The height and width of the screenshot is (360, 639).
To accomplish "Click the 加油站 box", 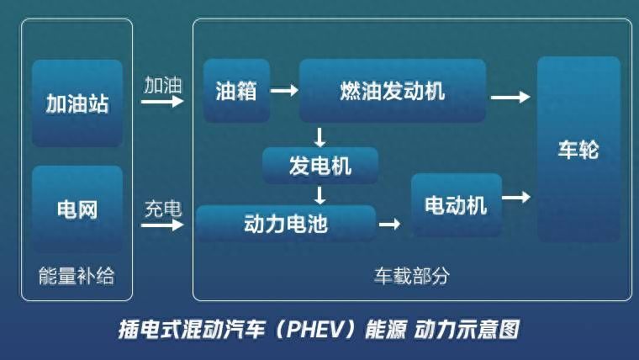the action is (77, 103).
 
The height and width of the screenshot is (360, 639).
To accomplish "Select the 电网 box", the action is (77, 209).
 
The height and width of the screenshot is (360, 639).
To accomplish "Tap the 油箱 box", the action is (237, 91).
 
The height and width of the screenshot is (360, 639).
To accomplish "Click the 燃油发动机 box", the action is (393, 91).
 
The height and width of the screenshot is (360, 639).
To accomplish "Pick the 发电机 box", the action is (320, 166).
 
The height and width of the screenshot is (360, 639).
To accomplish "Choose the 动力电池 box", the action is (286, 223).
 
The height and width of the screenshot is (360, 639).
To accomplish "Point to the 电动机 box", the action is (457, 204).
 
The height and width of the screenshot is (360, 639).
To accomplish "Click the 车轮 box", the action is (578, 149).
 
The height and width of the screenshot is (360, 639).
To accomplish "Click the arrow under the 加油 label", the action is (162, 100).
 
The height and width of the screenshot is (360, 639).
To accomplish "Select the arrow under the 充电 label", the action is (162, 225).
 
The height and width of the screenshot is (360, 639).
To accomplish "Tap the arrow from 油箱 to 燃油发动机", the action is (284, 90).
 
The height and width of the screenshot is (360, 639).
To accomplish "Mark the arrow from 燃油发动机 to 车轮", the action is (510, 97).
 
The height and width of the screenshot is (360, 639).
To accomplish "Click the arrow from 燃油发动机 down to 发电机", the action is (319, 137).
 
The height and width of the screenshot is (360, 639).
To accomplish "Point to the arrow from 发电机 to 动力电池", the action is (319, 195).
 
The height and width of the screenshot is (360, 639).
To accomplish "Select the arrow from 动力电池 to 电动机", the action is (389, 224).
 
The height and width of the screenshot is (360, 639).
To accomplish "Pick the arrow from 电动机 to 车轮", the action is (516, 198).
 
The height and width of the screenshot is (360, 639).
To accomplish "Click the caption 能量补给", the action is (77, 276).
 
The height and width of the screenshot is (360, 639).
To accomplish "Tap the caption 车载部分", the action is (412, 276).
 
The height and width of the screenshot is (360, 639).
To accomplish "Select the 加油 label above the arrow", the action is (162, 85).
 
